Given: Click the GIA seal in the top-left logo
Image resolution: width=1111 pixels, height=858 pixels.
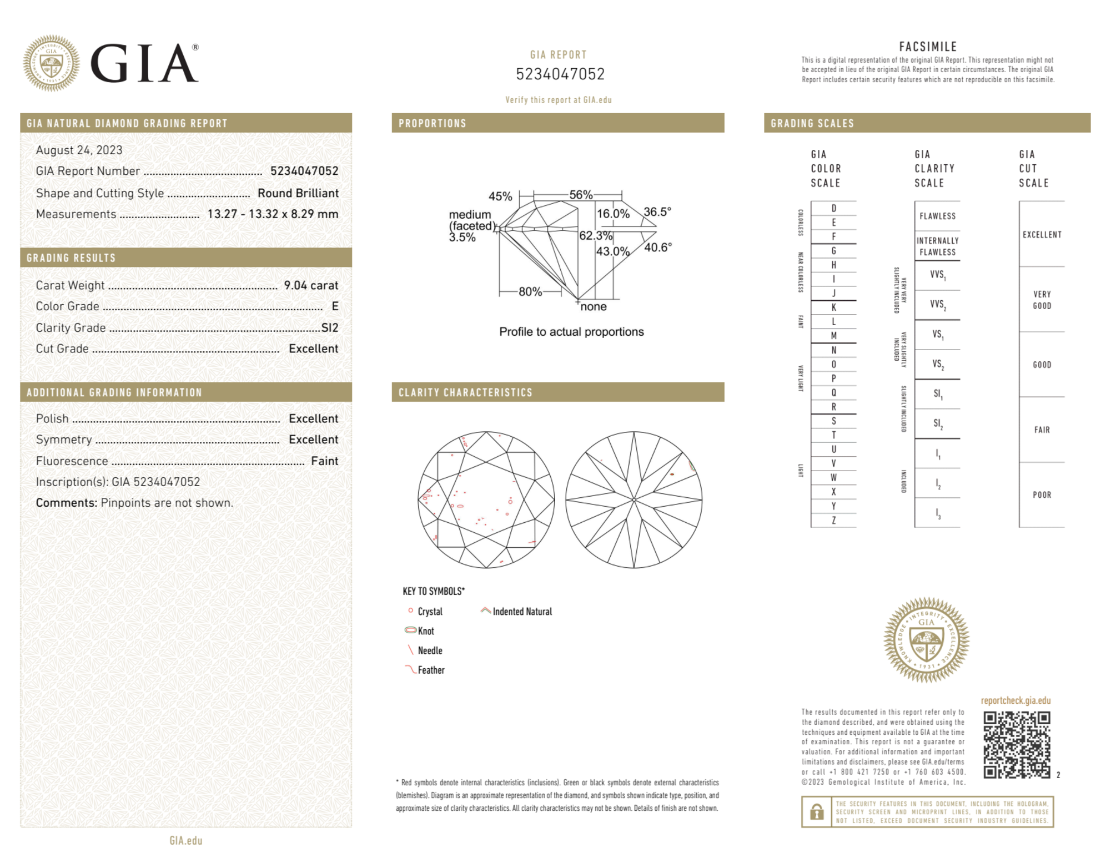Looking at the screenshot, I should coord(51,63).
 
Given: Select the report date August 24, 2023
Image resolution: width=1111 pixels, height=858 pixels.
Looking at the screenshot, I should coord(79,150).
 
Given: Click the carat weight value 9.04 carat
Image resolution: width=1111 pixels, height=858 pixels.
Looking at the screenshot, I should coord(311,285).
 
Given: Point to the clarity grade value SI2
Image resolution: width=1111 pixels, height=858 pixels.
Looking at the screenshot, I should coord(330,327).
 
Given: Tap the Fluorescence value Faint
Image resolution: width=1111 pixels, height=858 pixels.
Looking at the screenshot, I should coord(324,461).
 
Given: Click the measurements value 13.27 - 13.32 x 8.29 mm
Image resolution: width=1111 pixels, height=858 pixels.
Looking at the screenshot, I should coord(273,214).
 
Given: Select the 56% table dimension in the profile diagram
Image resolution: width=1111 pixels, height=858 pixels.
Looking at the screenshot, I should coord(581,195).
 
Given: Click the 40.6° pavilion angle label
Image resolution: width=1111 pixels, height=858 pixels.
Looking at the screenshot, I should coord(658,248).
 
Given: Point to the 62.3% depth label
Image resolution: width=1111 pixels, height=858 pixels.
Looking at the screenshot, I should coord(595,235).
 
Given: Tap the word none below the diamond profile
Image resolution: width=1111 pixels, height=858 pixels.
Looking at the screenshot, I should coord(593,306).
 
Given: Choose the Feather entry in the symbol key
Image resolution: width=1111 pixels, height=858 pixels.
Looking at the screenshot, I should coord(431,670).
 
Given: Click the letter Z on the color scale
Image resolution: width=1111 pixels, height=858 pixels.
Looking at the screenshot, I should coord(833,520).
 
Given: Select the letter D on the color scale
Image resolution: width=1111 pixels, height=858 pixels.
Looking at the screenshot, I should coord(833,208).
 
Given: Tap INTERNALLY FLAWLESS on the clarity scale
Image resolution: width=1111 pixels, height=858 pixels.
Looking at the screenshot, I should coord(937,246).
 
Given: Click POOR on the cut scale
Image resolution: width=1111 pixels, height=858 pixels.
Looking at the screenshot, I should coord(1042,494).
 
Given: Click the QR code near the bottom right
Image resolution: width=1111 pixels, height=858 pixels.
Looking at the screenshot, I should coord(1017,745).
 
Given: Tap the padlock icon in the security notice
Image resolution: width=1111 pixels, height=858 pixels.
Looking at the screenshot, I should coord(816,812).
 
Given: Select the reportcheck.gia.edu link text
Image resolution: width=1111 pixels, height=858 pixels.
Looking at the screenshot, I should coord(1016,700).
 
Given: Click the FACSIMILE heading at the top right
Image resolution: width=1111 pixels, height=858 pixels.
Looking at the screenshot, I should coord(928,47).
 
